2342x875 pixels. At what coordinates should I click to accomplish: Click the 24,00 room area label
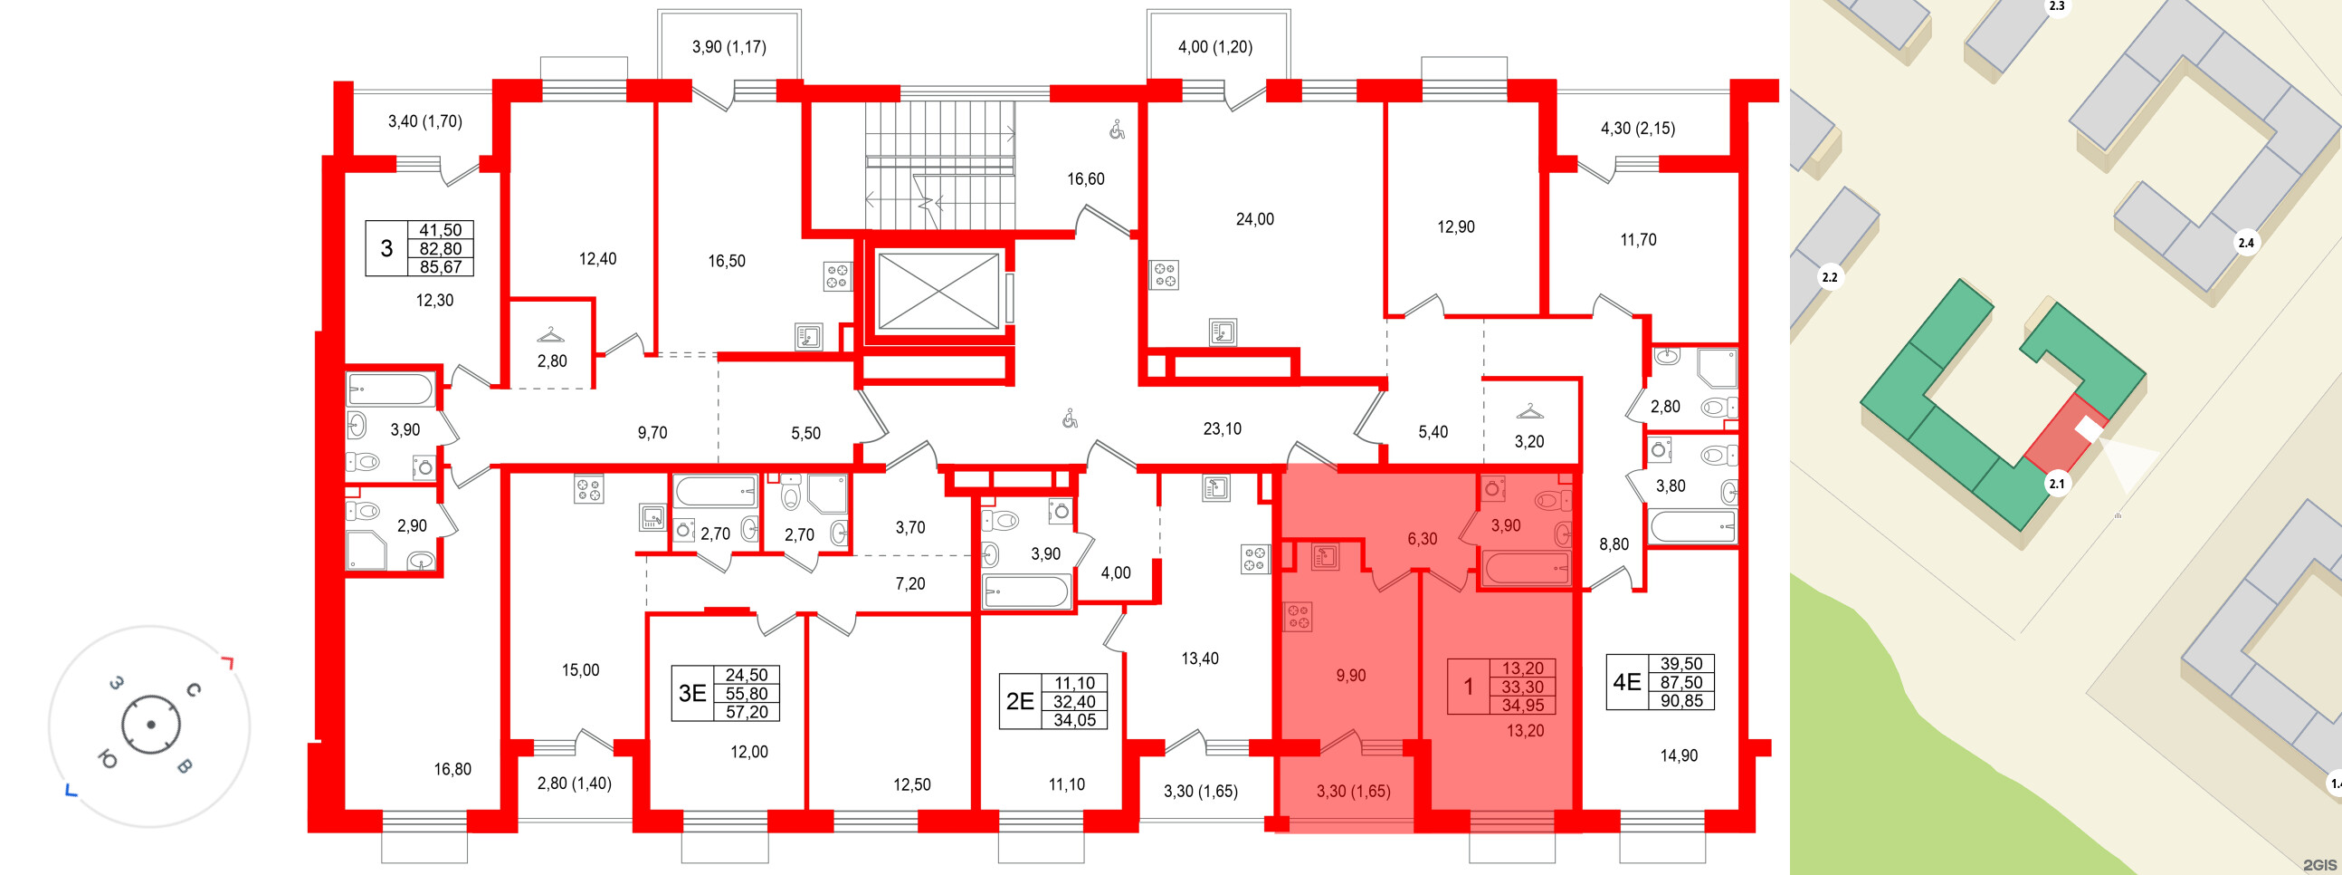pyautogui.click(x=1254, y=219)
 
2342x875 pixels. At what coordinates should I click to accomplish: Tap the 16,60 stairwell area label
pyautogui.click(x=1086, y=179)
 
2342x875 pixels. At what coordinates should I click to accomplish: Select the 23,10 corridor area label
pyautogui.click(x=1222, y=428)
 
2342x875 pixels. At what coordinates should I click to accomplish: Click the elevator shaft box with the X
pyautogui.click(x=938, y=291)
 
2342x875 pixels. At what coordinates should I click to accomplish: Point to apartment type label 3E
pyautogui.click(x=693, y=693)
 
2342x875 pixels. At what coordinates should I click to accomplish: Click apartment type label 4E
pyautogui.click(x=1626, y=682)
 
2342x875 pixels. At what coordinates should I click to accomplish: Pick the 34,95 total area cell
pyautogui.click(x=1523, y=705)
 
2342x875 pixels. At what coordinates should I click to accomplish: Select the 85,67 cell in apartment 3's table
pyautogui.click(x=440, y=266)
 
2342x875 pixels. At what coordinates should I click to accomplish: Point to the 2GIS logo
pyautogui.click(x=2319, y=864)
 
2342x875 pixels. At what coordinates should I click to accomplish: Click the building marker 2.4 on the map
pyautogui.click(x=2246, y=243)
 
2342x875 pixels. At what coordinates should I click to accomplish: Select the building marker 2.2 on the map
pyautogui.click(x=1829, y=277)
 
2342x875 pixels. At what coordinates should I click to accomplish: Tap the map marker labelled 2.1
pyautogui.click(x=2057, y=484)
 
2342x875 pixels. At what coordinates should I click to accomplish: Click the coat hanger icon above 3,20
pyautogui.click(x=1530, y=411)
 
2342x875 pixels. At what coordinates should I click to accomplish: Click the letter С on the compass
pyautogui.click(x=193, y=690)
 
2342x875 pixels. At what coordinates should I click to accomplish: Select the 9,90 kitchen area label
pyautogui.click(x=1351, y=675)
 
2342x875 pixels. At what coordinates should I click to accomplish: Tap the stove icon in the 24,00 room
pyautogui.click(x=1165, y=274)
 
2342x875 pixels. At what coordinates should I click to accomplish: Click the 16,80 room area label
pyautogui.click(x=452, y=770)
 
